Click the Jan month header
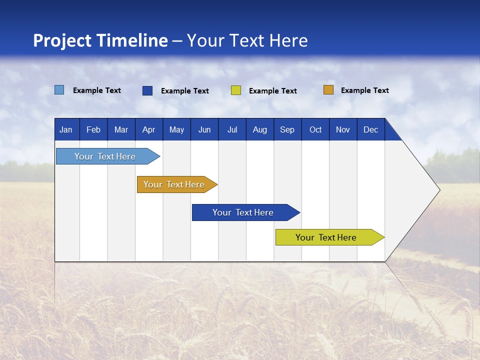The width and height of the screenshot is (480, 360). point(66,130)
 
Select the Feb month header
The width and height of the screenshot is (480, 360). point(93,130)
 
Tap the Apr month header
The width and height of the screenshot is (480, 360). point(148,130)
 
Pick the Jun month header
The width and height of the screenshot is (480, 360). point(204,130)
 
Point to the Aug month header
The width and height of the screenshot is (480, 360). point(260,130)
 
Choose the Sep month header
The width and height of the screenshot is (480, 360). point(287,130)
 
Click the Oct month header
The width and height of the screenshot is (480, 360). point(315,130)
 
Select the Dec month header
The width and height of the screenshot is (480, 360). point(370,130)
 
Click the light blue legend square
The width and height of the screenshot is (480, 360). point(59,90)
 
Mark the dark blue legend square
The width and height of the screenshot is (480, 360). point(147,90)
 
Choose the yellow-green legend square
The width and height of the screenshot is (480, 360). point(236,90)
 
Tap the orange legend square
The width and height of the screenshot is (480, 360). point(328,90)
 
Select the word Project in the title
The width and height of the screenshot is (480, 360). point(61,40)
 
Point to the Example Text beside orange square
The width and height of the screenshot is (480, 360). point(364,90)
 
